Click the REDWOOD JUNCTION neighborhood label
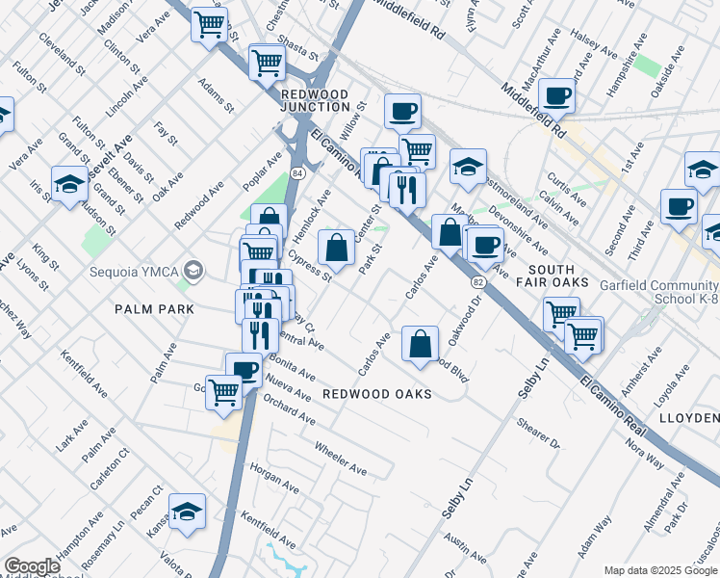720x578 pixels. [x=314, y=99]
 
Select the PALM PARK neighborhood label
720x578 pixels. [x=154, y=309]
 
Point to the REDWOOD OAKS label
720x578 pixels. [x=376, y=394]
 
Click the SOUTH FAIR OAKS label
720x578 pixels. [x=565, y=276]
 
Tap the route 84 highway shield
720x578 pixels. [x=297, y=171]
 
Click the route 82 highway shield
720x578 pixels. [x=477, y=281]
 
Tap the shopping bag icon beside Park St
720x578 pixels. [x=336, y=249]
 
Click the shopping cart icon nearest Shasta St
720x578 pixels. [x=267, y=64]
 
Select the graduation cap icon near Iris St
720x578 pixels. [x=70, y=183]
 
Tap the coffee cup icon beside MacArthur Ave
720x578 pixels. [x=556, y=96]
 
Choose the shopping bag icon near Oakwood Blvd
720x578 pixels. [x=421, y=344]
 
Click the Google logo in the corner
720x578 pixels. [x=32, y=566]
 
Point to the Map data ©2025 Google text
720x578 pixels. [x=660, y=570]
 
